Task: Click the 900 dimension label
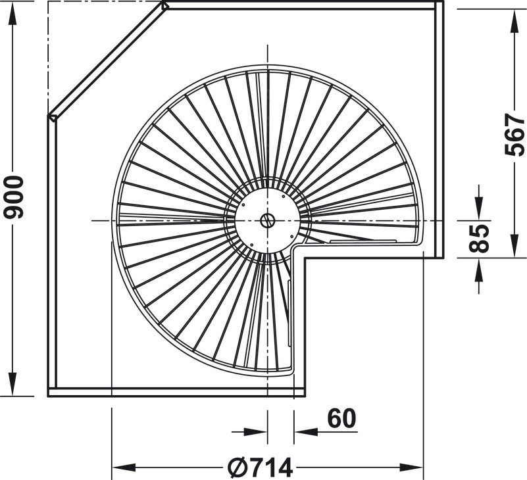14,197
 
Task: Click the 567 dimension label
514,135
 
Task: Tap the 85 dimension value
478,239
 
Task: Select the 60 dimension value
341,419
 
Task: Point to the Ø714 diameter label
260,468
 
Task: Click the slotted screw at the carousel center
268,221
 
